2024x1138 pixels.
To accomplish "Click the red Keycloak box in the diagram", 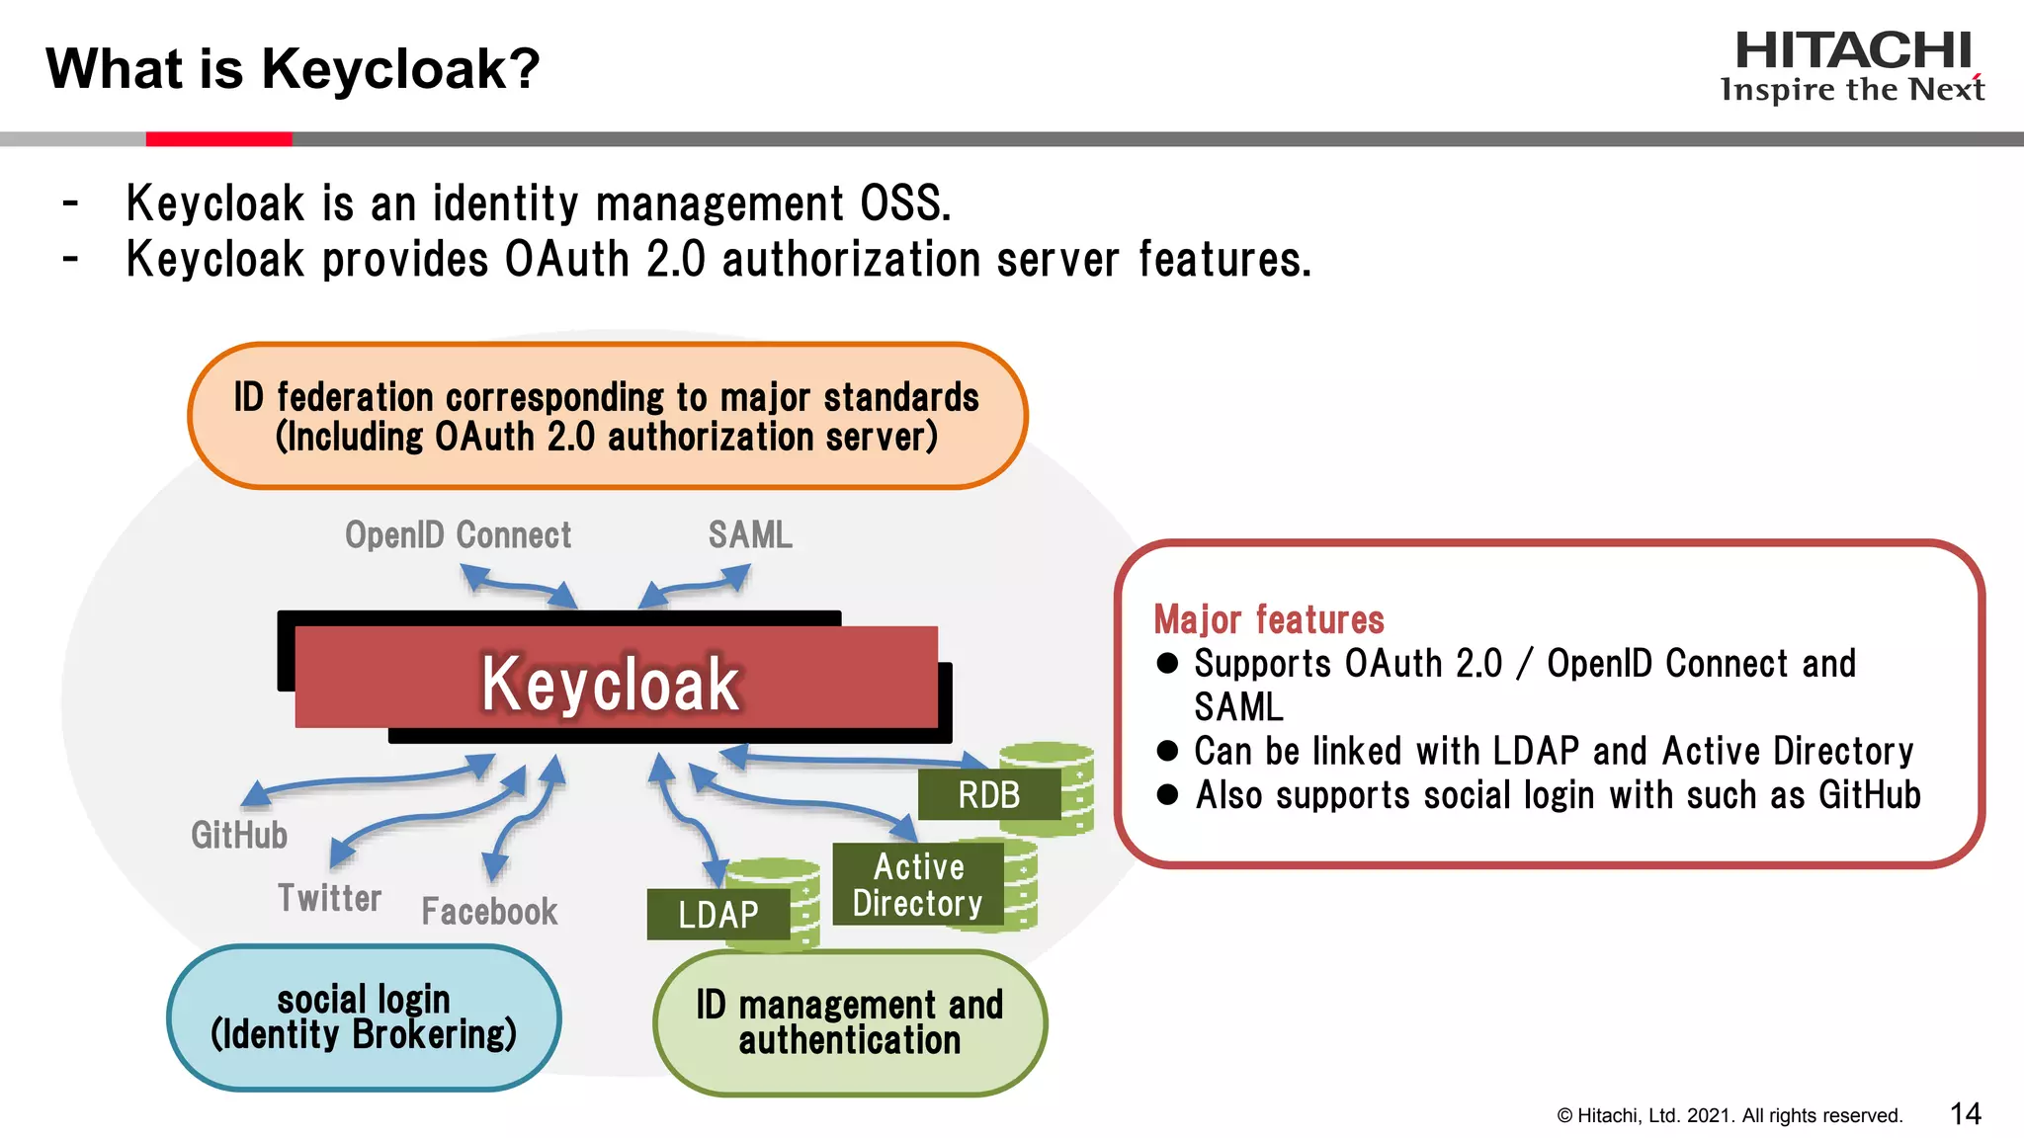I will [x=616, y=679].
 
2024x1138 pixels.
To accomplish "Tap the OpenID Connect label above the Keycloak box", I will [x=458, y=535].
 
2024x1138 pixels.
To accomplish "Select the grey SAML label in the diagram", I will [x=750, y=535].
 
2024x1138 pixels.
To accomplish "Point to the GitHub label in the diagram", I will [x=239, y=835].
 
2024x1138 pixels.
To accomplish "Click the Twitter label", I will [x=329, y=898].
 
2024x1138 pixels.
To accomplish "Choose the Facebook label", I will [x=489, y=911].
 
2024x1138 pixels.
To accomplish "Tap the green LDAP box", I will [x=718, y=915].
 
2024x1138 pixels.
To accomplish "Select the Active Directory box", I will [x=918, y=885].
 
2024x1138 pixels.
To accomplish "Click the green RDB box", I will [x=989, y=795].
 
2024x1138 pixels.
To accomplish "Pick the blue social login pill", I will [x=364, y=1017].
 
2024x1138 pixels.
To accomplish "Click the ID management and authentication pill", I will [x=850, y=1022].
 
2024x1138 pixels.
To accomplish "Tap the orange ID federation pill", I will [x=607, y=416].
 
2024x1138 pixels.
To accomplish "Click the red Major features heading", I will [x=1269, y=619].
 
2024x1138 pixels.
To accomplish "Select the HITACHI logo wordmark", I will [x=1853, y=51].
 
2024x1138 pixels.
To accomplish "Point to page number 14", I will [x=1965, y=1114].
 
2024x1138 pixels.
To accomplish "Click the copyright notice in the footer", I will [x=1729, y=1116].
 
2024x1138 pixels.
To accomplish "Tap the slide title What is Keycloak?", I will [x=294, y=69].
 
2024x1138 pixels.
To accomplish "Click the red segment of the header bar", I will [x=218, y=139].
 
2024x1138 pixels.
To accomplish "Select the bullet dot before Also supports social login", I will [x=1167, y=794].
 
